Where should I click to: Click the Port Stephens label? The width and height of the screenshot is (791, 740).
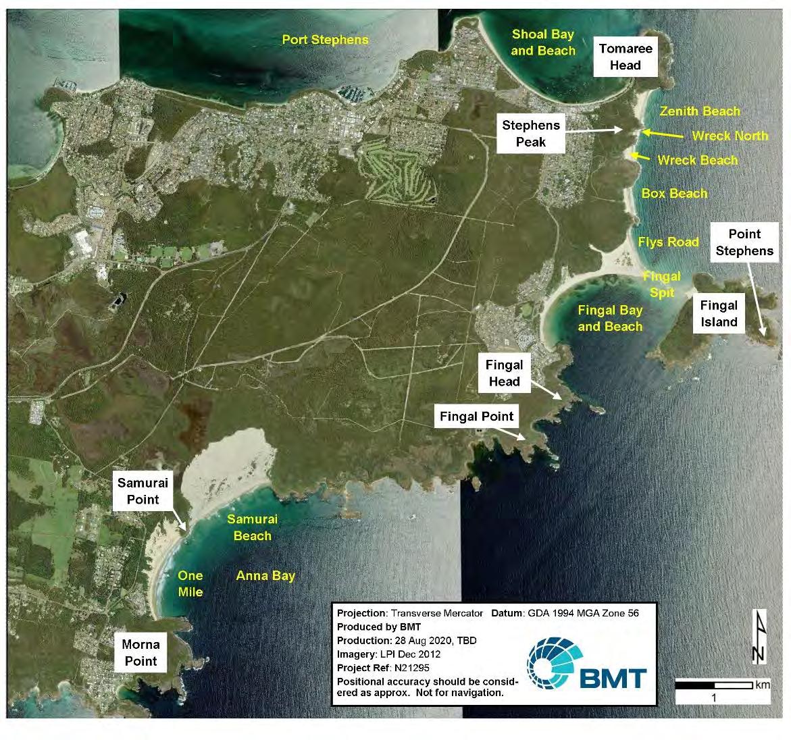(325, 40)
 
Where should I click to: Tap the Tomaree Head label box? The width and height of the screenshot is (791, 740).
(625, 57)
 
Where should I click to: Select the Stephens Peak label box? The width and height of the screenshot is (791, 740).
(531, 134)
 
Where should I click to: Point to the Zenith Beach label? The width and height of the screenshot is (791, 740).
(699, 111)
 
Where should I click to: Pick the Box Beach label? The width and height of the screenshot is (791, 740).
(674, 194)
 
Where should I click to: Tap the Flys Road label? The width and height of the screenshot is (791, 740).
(668, 242)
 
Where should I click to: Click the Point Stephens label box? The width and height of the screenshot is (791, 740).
(744, 242)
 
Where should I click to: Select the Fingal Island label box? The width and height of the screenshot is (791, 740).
(719, 314)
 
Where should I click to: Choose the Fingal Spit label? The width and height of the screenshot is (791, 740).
(661, 284)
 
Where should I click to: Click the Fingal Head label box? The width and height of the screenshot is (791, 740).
(504, 373)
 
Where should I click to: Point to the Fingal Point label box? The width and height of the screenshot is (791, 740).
(477, 417)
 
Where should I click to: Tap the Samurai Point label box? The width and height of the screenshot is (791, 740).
(143, 492)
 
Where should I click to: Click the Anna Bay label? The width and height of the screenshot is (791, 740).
(265, 576)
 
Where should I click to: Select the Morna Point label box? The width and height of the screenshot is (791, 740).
(141, 653)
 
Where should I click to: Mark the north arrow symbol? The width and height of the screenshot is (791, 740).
(758, 636)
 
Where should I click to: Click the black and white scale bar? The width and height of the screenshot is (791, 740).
(715, 685)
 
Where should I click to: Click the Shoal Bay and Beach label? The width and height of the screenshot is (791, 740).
(543, 43)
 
